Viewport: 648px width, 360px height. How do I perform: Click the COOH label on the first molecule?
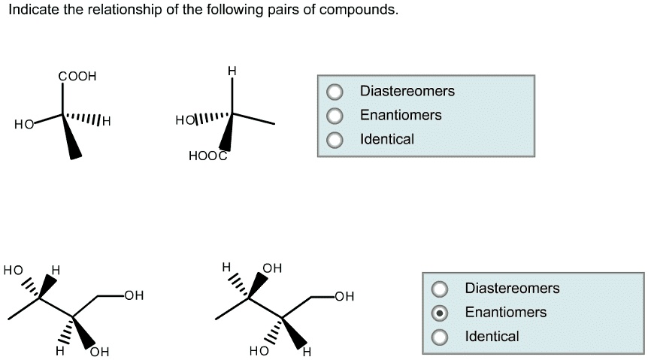77,77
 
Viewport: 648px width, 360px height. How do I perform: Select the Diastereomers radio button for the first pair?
335,92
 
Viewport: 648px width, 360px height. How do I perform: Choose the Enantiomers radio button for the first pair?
335,116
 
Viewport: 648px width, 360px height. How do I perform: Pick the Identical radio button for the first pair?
335,140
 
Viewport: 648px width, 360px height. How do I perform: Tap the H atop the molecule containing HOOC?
232,71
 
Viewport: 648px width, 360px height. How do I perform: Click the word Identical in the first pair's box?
386,139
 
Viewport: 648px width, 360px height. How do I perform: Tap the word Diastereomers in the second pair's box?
512,288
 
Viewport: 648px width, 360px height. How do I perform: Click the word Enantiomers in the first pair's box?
400,115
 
